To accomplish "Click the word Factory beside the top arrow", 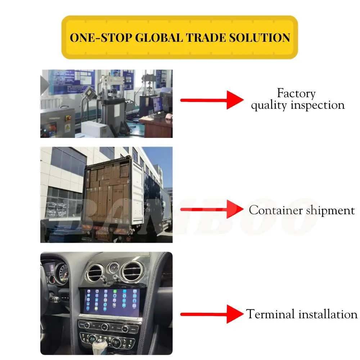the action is coord(296,94).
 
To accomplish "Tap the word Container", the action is coord(276,210).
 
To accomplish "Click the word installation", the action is coord(328,314).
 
